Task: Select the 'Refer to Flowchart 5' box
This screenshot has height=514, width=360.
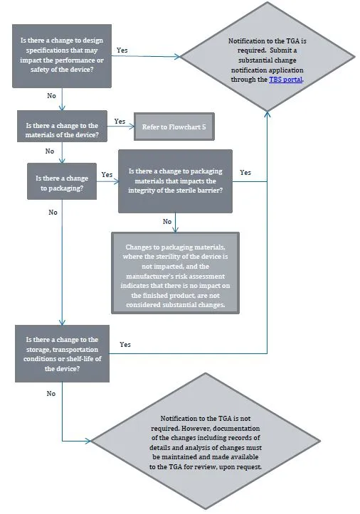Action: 173,127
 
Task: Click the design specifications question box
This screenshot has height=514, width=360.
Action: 63,56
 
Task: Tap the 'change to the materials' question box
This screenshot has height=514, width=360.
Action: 63,130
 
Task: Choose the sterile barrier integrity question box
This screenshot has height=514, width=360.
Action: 176,181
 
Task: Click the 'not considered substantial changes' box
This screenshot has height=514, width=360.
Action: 175,271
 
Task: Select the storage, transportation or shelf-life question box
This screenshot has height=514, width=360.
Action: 63,354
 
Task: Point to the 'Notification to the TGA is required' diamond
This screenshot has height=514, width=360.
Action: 268,58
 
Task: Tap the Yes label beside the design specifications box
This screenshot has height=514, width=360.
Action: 122,50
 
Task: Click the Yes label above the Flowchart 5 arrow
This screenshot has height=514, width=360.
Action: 120,121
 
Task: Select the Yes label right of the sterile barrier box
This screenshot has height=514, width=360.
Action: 245,172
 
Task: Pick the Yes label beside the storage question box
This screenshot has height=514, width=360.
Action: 125,344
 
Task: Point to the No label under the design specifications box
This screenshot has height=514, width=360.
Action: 51,95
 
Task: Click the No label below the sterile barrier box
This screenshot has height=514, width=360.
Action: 168,221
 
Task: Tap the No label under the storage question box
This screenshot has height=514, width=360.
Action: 51,392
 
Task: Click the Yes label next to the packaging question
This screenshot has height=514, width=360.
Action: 107,174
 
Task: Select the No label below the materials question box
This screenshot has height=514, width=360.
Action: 50,151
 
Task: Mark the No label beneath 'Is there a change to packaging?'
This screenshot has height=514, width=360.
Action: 53,212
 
